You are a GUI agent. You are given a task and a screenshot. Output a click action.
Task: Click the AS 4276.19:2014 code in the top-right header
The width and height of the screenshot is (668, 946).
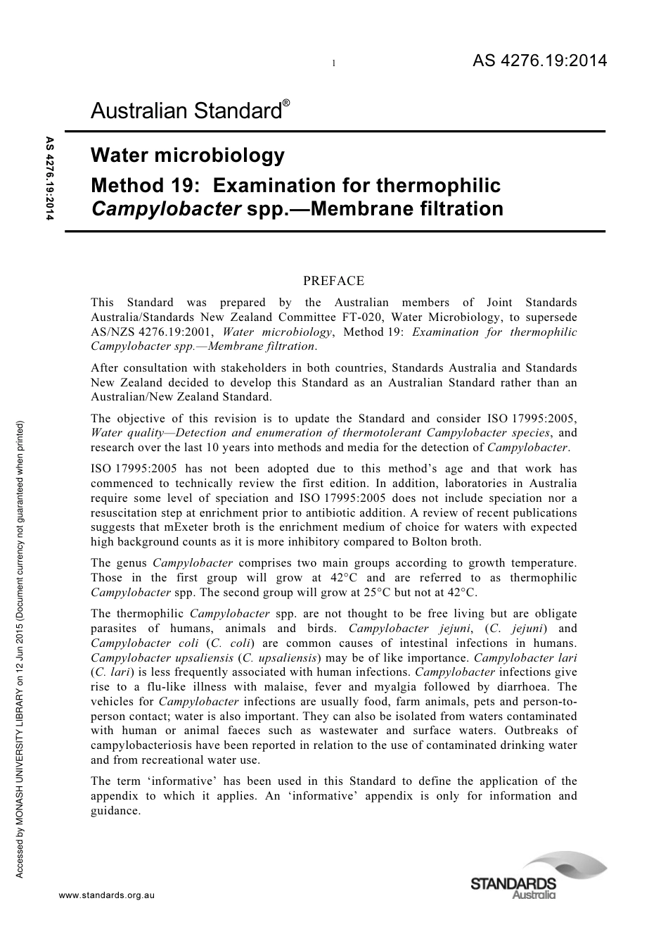tap(539, 61)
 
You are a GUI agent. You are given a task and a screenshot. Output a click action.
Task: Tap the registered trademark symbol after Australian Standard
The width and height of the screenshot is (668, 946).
tap(286, 104)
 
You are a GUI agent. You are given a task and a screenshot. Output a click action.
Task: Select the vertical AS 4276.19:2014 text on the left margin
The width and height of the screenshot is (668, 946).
tap(49, 179)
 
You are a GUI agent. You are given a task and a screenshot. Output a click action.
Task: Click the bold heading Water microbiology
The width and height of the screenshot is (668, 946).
tap(188, 155)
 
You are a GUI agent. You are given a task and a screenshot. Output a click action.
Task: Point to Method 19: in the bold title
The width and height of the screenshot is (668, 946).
tap(146, 186)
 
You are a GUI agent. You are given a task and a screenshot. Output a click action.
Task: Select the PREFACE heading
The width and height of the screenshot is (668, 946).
tap(333, 281)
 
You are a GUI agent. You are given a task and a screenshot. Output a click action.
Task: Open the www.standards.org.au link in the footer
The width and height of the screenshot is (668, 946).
tap(106, 895)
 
